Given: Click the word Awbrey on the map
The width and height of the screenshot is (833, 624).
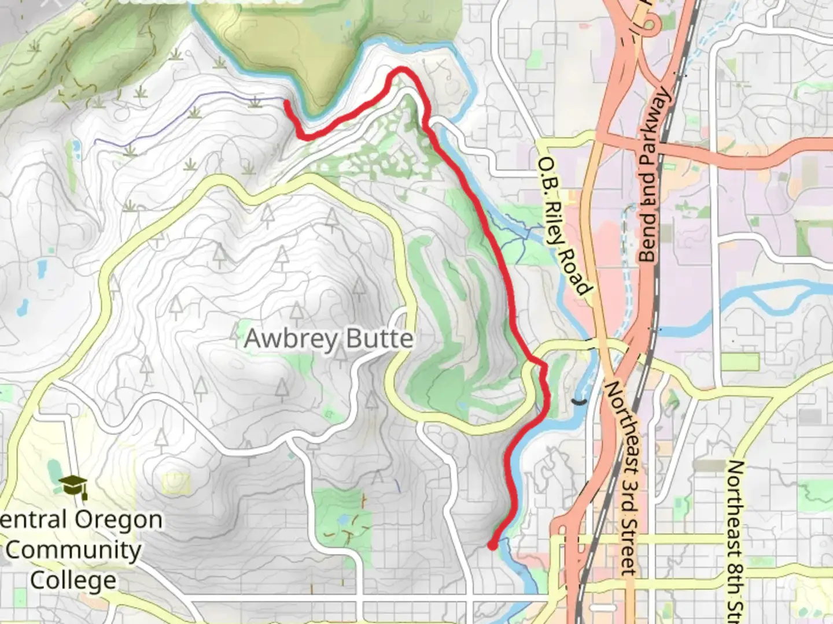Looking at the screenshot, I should point(285,339).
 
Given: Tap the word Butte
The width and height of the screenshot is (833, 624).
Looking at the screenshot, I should point(380,339).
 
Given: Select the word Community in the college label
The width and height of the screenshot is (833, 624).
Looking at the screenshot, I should point(73,549).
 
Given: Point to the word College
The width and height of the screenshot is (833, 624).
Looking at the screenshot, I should point(73,580).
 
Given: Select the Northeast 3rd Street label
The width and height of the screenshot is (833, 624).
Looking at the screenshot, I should point(622,477).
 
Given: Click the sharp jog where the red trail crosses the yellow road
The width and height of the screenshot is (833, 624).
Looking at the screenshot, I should point(542,366).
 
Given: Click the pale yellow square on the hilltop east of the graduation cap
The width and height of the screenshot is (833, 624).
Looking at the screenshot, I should point(176,483).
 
